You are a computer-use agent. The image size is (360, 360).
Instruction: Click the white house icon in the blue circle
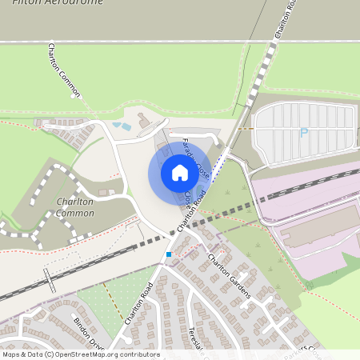(x=179, y=172)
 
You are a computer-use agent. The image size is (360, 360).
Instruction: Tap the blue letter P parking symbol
(x=303, y=133)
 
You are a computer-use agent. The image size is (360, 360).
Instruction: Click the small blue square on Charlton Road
(x=169, y=254)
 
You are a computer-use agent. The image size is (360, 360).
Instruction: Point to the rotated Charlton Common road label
(x=64, y=70)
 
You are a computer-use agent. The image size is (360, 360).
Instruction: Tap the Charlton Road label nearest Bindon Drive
(x=139, y=303)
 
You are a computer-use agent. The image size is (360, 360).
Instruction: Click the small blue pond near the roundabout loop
(x=122, y=126)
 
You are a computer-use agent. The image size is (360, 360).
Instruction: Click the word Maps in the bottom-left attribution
(x=12, y=354)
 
